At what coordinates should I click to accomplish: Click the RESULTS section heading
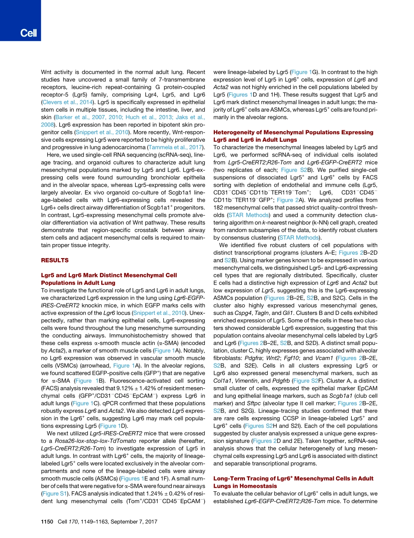54,260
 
